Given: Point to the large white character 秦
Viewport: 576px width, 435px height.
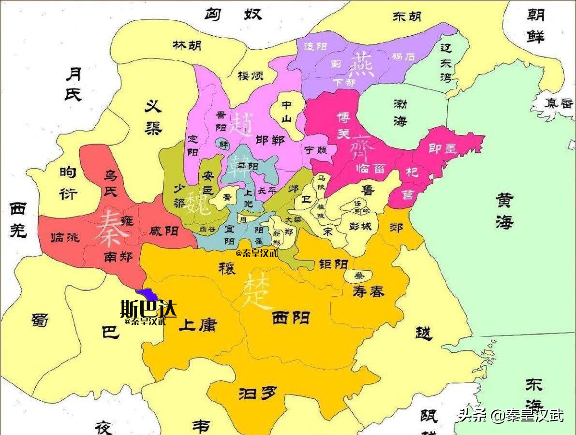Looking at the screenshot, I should (112, 228).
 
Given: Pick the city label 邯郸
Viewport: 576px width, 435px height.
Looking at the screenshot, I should (269, 141).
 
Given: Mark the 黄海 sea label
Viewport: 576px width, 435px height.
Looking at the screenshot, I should (504, 211).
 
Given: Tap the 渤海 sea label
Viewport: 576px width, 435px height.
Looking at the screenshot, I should (400, 112).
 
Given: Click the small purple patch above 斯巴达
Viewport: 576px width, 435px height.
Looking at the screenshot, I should (147, 293).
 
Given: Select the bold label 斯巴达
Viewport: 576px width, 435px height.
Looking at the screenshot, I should (148, 308).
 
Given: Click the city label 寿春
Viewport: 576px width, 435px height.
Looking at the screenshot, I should (369, 291).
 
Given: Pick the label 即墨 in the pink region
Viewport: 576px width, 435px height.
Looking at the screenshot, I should (443, 148).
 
